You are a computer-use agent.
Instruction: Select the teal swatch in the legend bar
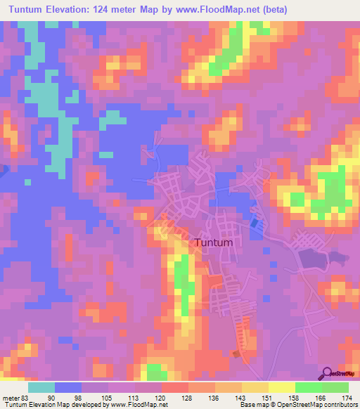tap(41, 387)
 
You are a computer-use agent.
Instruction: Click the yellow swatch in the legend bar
tap(281, 387)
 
